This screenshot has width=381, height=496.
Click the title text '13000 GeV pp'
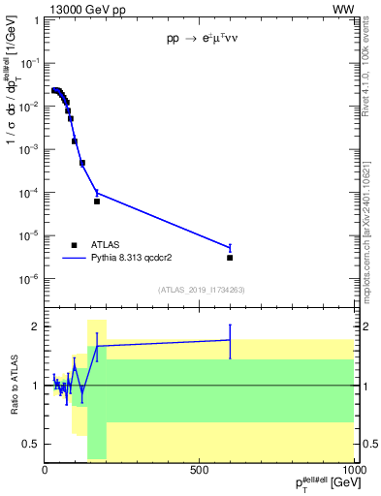tap(83, 10)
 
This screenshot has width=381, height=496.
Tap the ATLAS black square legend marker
tap(74, 245)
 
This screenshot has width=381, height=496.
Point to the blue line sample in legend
tap(75, 259)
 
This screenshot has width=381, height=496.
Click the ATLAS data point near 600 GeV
tap(230, 258)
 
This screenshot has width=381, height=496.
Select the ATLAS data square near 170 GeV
tap(97, 201)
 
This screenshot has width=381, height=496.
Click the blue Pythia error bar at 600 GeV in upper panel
tap(230, 247)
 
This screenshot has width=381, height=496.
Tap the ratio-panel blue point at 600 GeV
tap(230, 340)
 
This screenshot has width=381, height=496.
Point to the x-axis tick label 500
tap(200, 470)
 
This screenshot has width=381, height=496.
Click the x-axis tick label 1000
tap(351, 470)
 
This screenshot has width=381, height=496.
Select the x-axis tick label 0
tap(46, 470)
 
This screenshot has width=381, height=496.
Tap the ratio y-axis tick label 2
tap(36, 326)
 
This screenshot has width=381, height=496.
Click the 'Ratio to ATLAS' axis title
tap(12, 385)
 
